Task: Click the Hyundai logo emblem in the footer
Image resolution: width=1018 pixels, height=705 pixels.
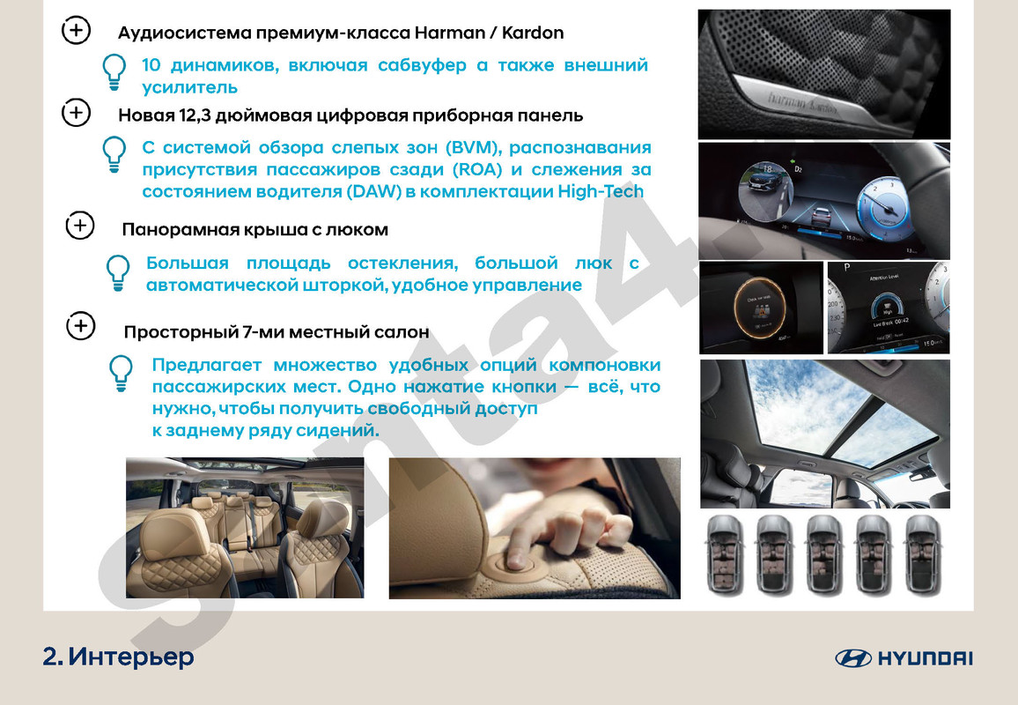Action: pyautogui.click(x=852, y=658)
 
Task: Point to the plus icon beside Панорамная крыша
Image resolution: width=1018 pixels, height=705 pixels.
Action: pyautogui.click(x=80, y=226)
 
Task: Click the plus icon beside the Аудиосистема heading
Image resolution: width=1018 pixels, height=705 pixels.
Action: pyautogui.click(x=76, y=31)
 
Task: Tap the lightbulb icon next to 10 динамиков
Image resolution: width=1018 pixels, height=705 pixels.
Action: pyautogui.click(x=114, y=73)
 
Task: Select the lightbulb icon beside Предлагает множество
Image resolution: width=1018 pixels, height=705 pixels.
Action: pyautogui.click(x=120, y=374)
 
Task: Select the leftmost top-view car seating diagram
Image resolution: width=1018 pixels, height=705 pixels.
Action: pyautogui.click(x=724, y=556)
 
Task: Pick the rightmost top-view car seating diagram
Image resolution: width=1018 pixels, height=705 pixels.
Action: pyautogui.click(x=924, y=556)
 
